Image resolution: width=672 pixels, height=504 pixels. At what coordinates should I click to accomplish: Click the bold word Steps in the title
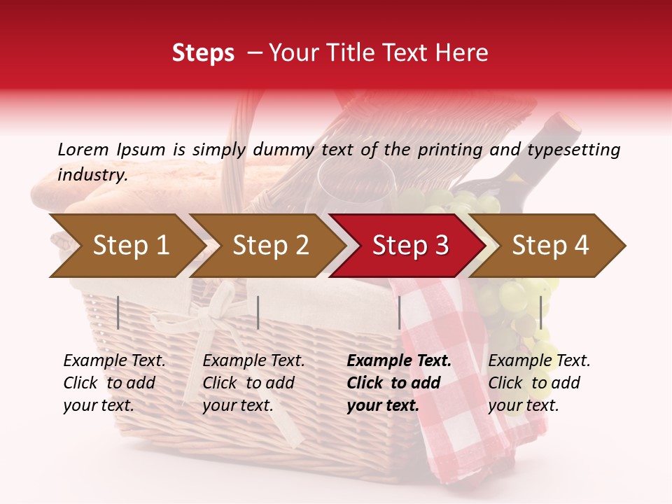click(203, 53)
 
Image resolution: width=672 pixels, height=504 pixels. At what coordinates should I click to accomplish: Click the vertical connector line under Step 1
click(118, 312)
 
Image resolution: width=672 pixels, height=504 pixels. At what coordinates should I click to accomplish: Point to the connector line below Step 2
click(258, 312)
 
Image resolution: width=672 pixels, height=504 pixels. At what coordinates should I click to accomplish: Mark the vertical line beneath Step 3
click(400, 312)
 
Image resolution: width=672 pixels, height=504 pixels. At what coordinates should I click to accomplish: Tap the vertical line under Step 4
click(540, 312)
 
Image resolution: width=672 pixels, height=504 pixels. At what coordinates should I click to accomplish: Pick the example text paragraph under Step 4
click(539, 383)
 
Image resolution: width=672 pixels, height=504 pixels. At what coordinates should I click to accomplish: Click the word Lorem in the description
click(83, 149)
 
